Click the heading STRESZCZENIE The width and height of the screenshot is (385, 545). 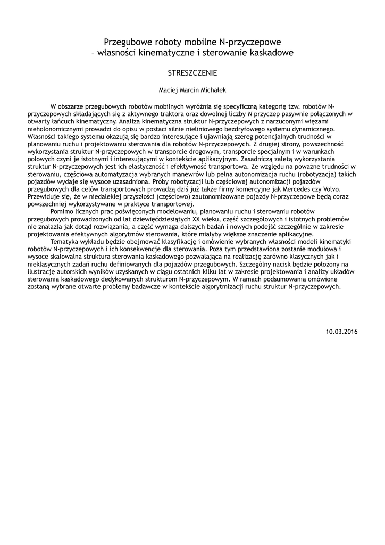point(192,72)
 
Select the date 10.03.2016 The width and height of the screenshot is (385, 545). point(342,332)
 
